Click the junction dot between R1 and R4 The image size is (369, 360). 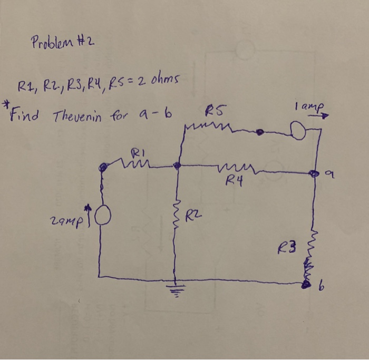pos(177,166)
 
